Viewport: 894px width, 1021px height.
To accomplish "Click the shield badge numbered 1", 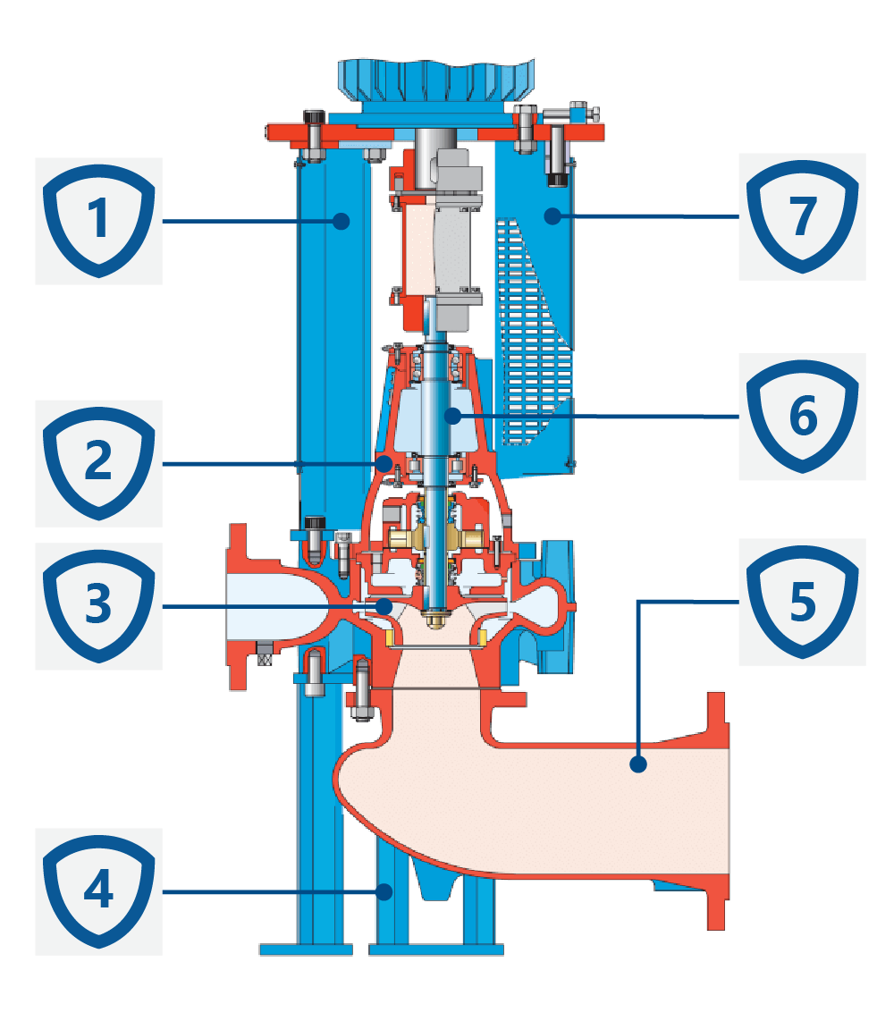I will [x=98, y=220].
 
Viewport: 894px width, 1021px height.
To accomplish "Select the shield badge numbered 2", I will [x=98, y=462].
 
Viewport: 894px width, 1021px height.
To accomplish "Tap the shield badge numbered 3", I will [x=98, y=605].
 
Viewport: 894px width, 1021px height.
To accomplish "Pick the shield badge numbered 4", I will [x=98, y=890].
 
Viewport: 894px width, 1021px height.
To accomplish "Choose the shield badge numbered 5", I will [x=802, y=601].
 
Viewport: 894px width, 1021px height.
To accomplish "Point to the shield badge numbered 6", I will [x=802, y=416].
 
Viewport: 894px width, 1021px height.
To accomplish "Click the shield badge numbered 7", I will [x=802, y=215].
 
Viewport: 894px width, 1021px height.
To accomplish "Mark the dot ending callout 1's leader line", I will [x=341, y=220].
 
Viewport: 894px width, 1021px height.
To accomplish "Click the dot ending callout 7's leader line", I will [x=553, y=215].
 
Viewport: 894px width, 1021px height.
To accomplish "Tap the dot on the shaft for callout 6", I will [x=453, y=416].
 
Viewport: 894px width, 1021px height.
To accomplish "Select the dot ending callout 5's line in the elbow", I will [x=637, y=764].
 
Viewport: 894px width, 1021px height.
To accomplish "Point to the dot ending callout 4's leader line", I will [x=385, y=890].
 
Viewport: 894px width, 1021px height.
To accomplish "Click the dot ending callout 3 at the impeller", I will [x=384, y=606].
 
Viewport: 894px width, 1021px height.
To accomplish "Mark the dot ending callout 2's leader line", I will [x=384, y=463].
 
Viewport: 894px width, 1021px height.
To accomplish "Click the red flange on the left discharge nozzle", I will [x=238, y=608].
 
